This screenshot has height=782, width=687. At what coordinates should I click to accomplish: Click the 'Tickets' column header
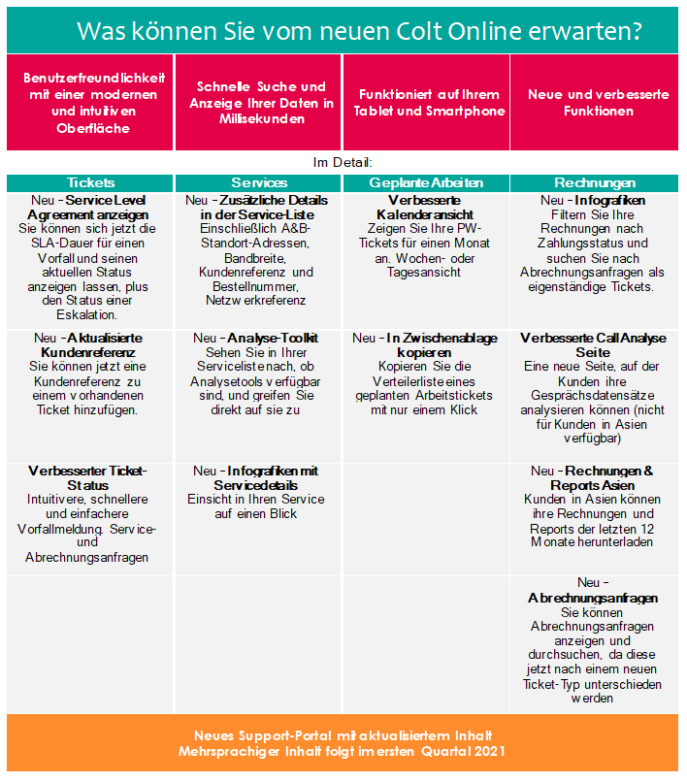click(90, 182)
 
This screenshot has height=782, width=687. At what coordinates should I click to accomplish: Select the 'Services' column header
click(259, 182)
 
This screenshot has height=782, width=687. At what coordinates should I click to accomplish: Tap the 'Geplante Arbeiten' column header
click(426, 182)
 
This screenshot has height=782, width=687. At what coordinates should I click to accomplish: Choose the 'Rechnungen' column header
click(595, 182)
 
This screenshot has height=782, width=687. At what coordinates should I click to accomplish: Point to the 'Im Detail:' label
click(343, 163)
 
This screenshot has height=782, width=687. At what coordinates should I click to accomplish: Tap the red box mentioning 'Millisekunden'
click(258, 103)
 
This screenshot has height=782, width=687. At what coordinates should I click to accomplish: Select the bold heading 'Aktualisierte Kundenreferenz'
click(97, 344)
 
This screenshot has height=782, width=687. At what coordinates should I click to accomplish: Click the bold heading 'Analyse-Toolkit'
click(273, 338)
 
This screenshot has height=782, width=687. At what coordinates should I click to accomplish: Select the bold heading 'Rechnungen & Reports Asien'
click(602, 477)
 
